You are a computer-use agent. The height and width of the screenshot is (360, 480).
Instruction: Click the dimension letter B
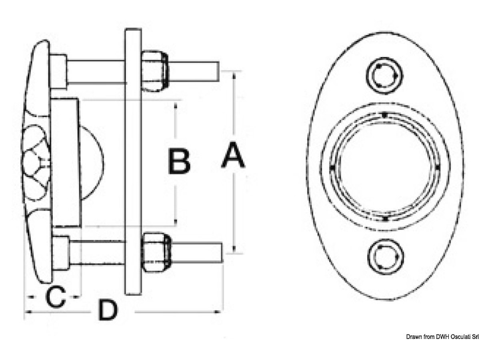tap(178, 161)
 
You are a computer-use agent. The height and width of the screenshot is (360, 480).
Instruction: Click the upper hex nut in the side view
tap(155, 71)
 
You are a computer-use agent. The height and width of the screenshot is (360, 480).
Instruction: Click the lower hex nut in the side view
tap(157, 252)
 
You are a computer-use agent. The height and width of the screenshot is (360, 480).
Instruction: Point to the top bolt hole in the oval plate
tap(384, 76)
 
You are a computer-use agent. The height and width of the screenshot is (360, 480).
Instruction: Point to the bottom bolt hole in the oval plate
tap(384, 257)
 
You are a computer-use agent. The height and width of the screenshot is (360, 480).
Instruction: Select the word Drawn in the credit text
tap(415, 337)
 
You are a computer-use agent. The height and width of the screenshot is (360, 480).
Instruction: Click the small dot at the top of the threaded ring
tap(384, 115)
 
